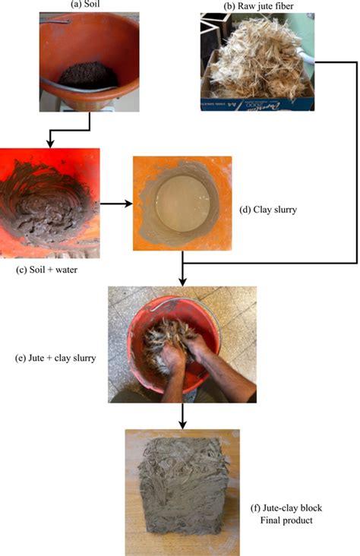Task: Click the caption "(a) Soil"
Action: pos(85,5)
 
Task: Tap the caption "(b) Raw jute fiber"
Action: pos(258,5)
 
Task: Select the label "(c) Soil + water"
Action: pos(46,270)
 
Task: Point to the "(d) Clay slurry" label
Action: pos(268,210)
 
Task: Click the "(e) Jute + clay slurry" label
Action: pos(55,358)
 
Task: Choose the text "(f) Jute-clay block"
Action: pos(286,508)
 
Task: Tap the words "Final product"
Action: pos(286,520)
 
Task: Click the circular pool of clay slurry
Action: pos(183,204)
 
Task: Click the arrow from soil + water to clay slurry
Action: pos(116,204)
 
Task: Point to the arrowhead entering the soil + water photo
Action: pos(50,144)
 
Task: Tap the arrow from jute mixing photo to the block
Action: pos(182,415)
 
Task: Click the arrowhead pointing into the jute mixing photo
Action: pos(182,282)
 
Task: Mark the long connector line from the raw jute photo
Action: pos(356,163)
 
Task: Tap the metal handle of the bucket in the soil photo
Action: pos(78,87)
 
